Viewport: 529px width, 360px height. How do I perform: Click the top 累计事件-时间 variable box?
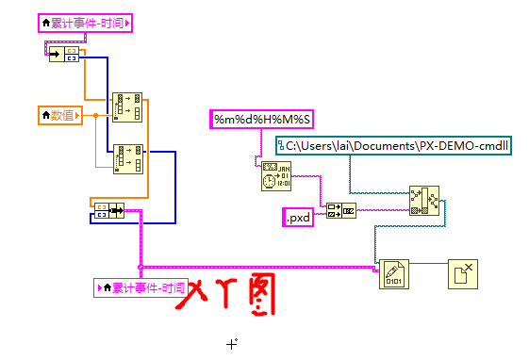tap(85, 23)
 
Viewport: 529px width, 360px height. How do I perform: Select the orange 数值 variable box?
tap(59, 115)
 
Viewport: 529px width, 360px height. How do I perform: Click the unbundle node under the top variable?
tap(64, 55)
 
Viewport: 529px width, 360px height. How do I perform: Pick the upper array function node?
tap(126, 106)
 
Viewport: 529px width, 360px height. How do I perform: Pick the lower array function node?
tap(127, 158)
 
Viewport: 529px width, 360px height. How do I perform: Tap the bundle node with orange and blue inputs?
tap(107, 209)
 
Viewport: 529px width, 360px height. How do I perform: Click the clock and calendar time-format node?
tap(274, 176)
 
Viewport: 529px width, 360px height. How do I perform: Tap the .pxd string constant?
tap(298, 219)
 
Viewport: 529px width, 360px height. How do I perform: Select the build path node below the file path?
tap(423, 201)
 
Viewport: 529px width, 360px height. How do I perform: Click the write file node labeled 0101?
tap(393, 273)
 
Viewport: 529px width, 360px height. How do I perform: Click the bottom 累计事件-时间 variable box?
tap(141, 287)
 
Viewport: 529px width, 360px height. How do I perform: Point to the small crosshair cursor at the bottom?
tap(232, 344)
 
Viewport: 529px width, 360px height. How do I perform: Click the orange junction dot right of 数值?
tap(93, 115)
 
